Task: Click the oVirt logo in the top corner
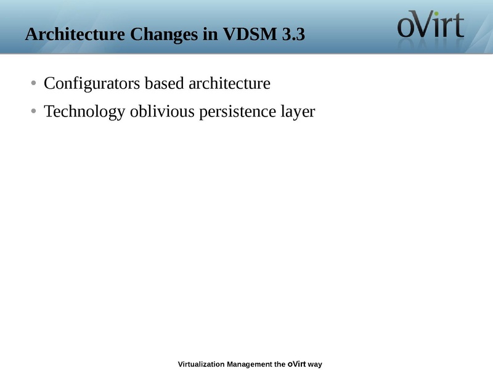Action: (x=430, y=28)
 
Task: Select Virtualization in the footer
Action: (x=201, y=364)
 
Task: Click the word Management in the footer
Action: (x=250, y=364)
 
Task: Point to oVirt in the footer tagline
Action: (x=296, y=364)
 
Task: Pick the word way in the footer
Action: (x=315, y=365)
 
